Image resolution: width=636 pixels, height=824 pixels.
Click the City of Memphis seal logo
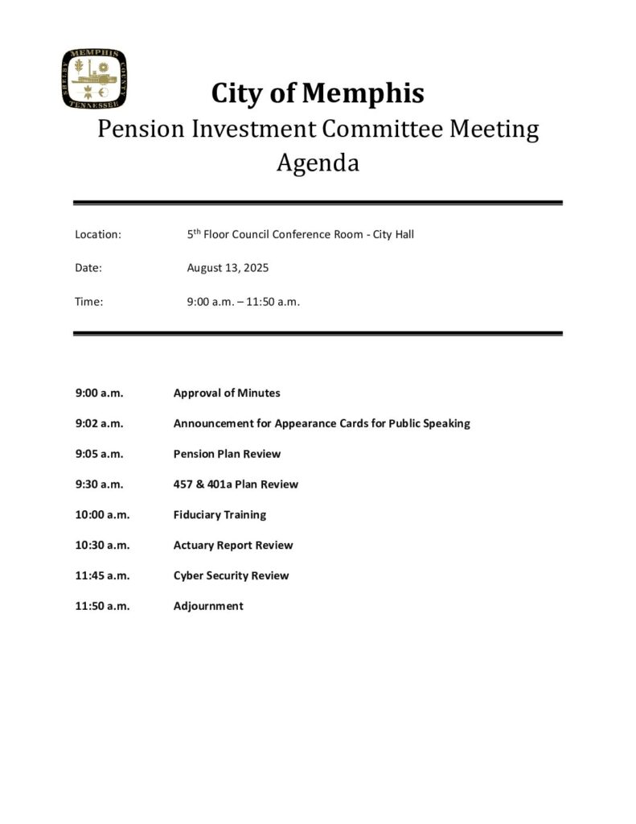pyautogui.click(x=94, y=79)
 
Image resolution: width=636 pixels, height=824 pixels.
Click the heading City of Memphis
pyautogui.click(x=318, y=93)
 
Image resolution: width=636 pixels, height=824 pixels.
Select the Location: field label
pyautogui.click(x=98, y=235)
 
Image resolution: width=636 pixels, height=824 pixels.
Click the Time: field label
pyautogui.click(x=89, y=302)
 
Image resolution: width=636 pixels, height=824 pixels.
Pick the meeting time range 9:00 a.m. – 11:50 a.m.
pyautogui.click(x=243, y=302)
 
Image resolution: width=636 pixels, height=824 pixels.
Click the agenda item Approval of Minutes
pyautogui.click(x=227, y=393)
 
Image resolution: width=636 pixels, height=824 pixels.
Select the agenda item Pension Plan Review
pyautogui.click(x=227, y=454)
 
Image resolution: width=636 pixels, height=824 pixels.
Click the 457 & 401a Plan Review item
pyautogui.click(x=236, y=484)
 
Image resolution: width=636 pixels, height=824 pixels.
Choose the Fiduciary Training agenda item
pyautogui.click(x=220, y=515)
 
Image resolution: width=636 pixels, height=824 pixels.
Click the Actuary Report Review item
pyautogui.click(x=233, y=546)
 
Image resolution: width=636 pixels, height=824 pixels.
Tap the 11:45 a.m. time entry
pyautogui.click(x=102, y=576)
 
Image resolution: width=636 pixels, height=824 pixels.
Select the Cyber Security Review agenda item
pyautogui.click(x=231, y=576)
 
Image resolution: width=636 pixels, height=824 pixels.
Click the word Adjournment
pyautogui.click(x=208, y=607)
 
